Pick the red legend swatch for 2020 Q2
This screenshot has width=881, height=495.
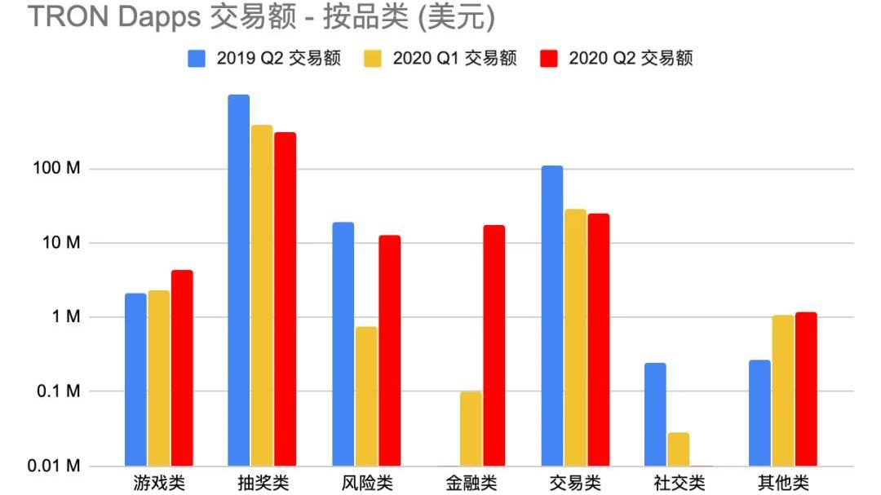pyautogui.click(x=550, y=59)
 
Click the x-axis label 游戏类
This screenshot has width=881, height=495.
pyautogui.click(x=159, y=483)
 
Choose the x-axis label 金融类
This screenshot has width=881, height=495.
pyautogui.click(x=471, y=483)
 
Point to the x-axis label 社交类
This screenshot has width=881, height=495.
pyautogui.click(x=679, y=483)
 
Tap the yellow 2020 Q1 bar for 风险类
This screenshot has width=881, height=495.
pyautogui.click(x=366, y=396)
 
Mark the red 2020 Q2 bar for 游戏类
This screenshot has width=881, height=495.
pyautogui.click(x=182, y=368)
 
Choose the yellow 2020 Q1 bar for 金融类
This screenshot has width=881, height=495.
pyautogui.click(x=471, y=428)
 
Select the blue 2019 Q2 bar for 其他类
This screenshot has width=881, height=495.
pyautogui.click(x=759, y=413)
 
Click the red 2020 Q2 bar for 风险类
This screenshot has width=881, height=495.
pyautogui.click(x=390, y=350)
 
